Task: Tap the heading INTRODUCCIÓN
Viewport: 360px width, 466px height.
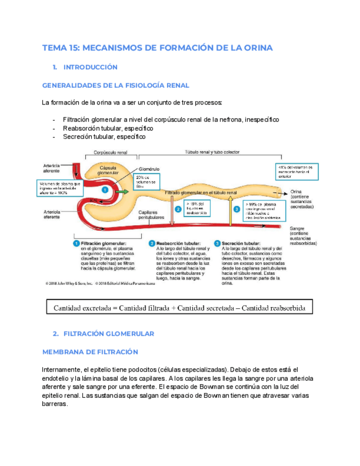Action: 91,67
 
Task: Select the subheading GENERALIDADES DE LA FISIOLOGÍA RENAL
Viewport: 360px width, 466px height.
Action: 115,85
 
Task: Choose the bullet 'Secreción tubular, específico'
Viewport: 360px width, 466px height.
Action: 104,137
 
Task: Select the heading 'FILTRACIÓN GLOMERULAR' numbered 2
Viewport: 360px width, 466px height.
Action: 109,334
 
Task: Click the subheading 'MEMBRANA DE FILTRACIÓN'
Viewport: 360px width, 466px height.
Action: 90,352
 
